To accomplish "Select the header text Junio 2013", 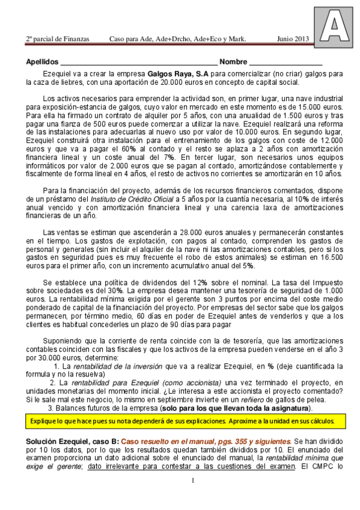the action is click(x=293, y=39).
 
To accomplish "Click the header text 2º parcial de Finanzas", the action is click(x=57, y=39).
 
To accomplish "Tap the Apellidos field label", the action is click(x=42, y=62).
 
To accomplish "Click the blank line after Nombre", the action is click(x=285, y=63).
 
